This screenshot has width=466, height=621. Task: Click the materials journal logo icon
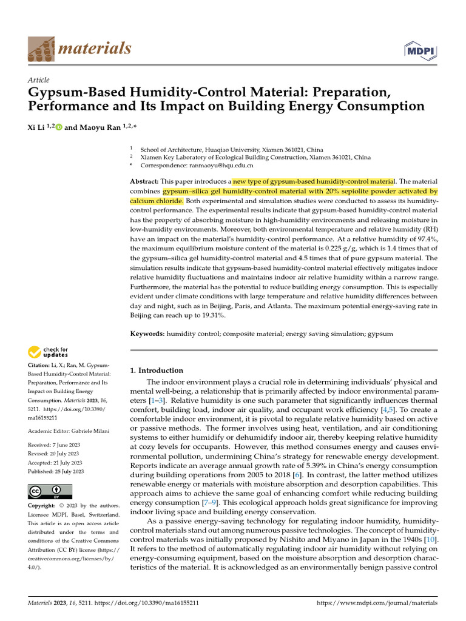(x=41, y=48)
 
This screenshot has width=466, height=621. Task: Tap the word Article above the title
(x=39, y=80)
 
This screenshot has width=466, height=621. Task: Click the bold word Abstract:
(x=144, y=181)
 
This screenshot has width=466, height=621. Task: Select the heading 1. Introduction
(x=157, y=371)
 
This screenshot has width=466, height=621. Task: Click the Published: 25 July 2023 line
(x=56, y=471)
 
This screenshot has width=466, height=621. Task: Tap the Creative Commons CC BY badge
(x=50, y=491)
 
